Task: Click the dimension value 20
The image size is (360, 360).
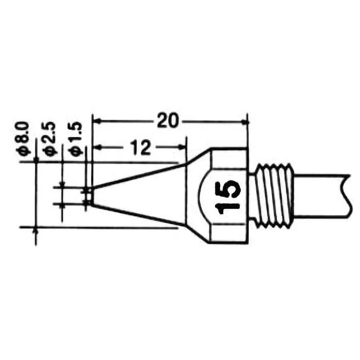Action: (167, 121)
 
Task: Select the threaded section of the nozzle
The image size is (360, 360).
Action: (275, 196)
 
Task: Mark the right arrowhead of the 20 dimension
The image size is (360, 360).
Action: (245, 121)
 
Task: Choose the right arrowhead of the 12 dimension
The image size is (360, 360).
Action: (183, 147)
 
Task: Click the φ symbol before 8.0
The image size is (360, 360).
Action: (24, 151)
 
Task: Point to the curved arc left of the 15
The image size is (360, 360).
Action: (201, 196)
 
